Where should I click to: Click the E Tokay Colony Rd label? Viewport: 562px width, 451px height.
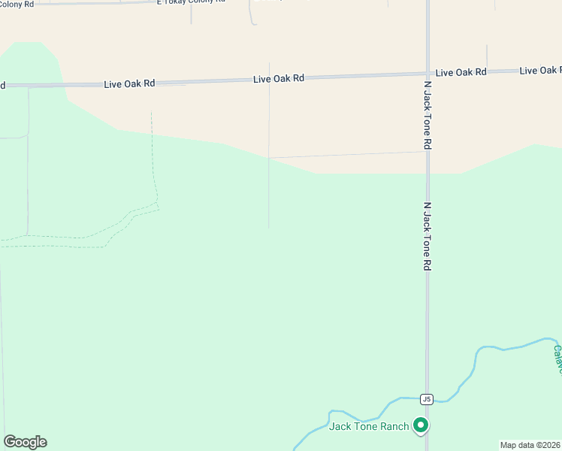coord(191,2)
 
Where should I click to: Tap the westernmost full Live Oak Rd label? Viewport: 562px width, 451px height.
coord(129,83)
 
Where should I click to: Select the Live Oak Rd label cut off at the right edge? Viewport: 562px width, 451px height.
coord(539,71)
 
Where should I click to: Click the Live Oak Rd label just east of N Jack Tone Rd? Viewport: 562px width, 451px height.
coord(461,72)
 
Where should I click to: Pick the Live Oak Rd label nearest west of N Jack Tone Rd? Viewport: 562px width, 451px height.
coord(279,78)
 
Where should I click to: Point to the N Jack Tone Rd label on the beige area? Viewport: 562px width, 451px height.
coord(427,114)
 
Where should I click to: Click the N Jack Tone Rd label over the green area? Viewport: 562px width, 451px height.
coord(427,236)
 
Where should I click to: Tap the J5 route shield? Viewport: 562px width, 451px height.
coord(428,399)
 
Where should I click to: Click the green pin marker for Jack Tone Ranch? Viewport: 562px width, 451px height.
coord(421,426)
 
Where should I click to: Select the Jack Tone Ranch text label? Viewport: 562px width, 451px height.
coord(369,427)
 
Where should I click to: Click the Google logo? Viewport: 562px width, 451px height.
coord(25,442)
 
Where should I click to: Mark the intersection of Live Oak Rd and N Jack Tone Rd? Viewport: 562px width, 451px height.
coord(428,74)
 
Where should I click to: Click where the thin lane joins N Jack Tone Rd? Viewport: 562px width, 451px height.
coord(428,152)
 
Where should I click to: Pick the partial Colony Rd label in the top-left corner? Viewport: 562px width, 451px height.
coord(17,3)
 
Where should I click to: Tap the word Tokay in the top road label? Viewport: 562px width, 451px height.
coord(178,2)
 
